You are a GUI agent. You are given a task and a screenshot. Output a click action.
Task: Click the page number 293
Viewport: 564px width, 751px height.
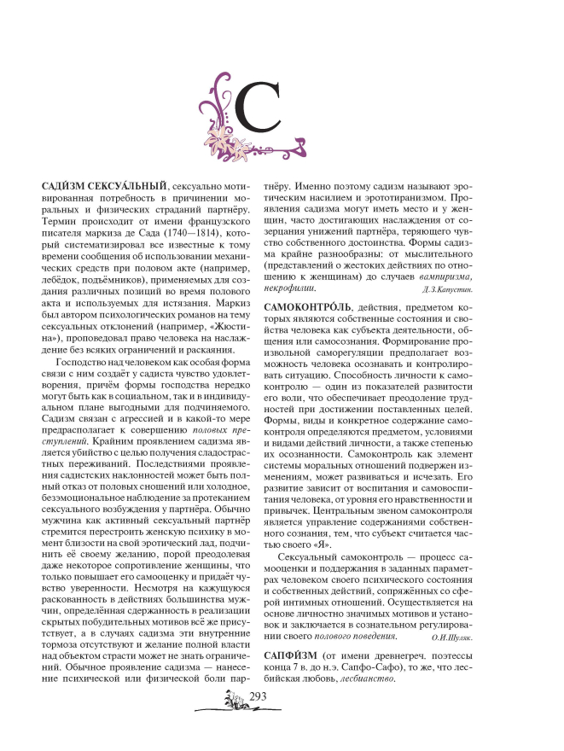(258, 698)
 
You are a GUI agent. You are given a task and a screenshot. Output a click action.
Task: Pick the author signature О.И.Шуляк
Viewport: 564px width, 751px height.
(456, 636)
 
